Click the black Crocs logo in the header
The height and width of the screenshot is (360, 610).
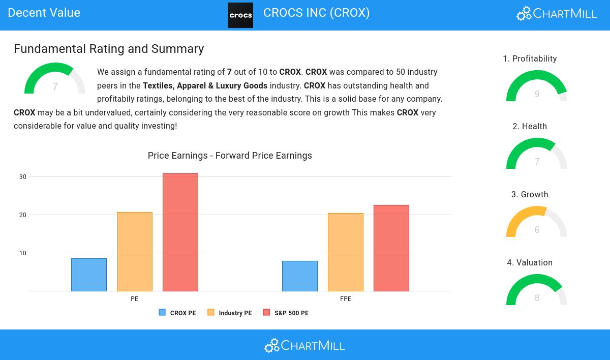pos(240,15)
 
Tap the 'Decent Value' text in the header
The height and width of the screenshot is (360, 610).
pos(44,13)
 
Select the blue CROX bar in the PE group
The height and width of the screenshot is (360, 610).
pos(89,275)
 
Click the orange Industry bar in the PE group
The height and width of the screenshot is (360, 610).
pos(135,252)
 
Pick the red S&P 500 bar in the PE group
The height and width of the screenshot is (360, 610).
pos(180,232)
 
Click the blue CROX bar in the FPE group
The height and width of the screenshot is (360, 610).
pos(300,276)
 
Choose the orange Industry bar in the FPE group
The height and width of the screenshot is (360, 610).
pos(346,252)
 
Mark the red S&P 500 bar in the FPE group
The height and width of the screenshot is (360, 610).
pos(391,248)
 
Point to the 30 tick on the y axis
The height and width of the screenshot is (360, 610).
pos(23,177)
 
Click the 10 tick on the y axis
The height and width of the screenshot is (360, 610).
pos(23,253)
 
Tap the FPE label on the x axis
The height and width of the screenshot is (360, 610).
pos(346,299)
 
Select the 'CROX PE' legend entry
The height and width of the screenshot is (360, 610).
pos(178,313)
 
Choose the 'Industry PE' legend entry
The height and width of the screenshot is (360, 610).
pos(230,313)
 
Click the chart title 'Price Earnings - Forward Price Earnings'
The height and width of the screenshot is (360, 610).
pos(230,156)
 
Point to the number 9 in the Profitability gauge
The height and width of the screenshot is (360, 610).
pos(537,94)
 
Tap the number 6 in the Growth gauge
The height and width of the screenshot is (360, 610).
pos(537,230)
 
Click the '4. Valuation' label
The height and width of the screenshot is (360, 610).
pos(530,263)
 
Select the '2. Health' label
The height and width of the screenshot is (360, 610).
pos(530,127)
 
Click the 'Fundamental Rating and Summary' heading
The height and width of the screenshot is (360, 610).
pos(109,49)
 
